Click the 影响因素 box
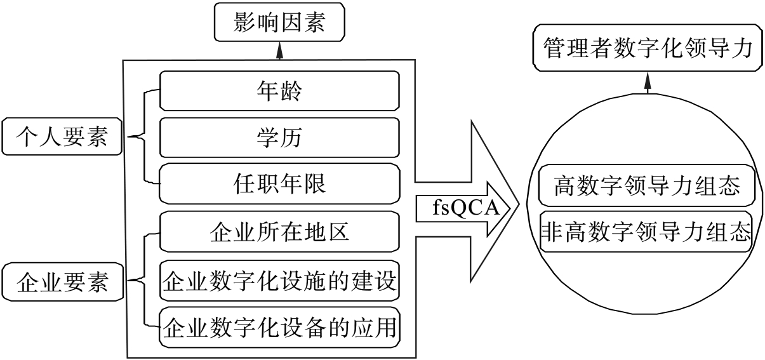279,24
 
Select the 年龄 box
279,91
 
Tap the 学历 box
279,137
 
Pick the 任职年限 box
279,183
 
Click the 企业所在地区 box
279,232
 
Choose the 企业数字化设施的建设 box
279,280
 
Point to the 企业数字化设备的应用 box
279,328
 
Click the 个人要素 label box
62,137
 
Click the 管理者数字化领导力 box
648,48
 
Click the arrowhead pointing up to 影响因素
279,51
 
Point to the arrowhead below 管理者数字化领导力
648,83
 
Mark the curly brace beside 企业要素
145,280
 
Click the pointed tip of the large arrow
519,206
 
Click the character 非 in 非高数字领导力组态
550,233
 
